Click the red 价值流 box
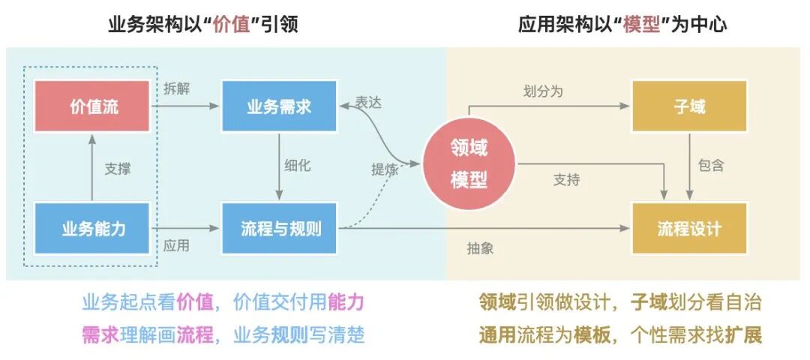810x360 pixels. (93, 106)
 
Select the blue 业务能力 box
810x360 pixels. (93, 228)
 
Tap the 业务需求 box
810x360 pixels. (279, 106)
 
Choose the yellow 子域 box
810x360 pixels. (689, 106)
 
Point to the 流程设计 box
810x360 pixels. (689, 228)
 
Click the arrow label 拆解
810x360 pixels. (177, 88)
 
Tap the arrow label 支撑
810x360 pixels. (117, 169)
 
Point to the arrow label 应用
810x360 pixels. (177, 246)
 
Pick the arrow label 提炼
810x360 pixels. (384, 169)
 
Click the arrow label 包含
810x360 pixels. (710, 166)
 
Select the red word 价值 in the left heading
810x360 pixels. (229, 25)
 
